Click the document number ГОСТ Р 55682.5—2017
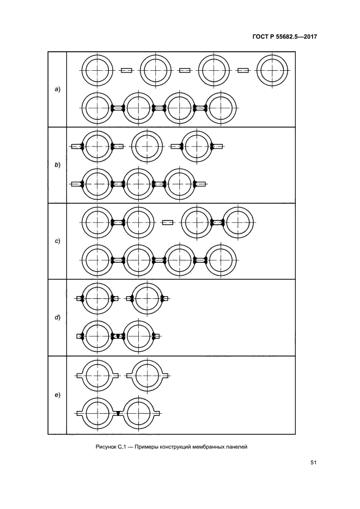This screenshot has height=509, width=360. pos(284,36)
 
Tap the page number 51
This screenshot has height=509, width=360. pos(313,463)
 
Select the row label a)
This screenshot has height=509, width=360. pos(57,89)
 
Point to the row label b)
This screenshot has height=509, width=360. pos(57,165)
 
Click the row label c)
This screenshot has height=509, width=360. pos(57,241)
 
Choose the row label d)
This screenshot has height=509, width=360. pos(57,317)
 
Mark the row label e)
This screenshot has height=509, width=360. pos(57,395)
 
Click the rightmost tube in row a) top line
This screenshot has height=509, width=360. pos(272,70)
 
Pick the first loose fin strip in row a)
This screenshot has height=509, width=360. pos(126,70)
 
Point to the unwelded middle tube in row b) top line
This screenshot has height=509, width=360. pos(147,146)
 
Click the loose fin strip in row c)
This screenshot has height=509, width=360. pos(168,222)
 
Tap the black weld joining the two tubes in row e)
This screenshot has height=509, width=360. pos(118,413)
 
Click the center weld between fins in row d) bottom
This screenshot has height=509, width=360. pos(118,336)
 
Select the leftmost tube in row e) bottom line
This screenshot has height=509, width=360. pos(97,413)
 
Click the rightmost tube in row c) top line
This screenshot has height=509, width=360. pos(238,222)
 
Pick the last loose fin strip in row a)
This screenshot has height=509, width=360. pos(243,70)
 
